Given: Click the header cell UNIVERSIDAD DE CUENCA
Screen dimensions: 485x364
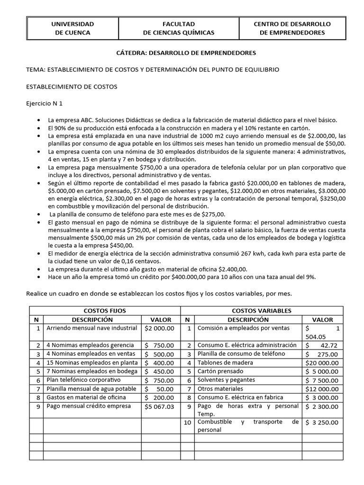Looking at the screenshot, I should pos(73,28).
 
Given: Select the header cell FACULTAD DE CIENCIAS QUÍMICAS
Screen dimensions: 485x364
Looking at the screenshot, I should pos(179,28).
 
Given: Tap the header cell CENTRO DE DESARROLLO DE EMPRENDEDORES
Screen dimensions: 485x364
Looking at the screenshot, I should pos(292,28).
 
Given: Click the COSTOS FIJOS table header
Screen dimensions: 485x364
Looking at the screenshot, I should pos(105,311).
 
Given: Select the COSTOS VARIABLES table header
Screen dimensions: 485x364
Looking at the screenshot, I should pos(261,311).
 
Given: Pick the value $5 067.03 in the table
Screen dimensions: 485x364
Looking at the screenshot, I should pos(160,406).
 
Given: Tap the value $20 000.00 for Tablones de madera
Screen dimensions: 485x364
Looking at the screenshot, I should pos(322,362).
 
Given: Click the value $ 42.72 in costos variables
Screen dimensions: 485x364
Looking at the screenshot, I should pos(322,345).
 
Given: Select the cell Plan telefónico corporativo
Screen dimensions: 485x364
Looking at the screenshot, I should pos(83,380).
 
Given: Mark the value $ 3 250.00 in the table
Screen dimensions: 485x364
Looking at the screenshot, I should pos(322,422).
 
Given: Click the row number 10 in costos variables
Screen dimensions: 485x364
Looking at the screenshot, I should pos(188,422).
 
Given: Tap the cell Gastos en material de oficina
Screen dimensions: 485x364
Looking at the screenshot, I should pos(86,397).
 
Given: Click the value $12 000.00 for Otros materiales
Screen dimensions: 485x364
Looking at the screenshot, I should pos(322,388).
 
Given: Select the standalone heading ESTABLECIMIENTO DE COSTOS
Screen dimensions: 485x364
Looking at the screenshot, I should pos(72,87).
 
